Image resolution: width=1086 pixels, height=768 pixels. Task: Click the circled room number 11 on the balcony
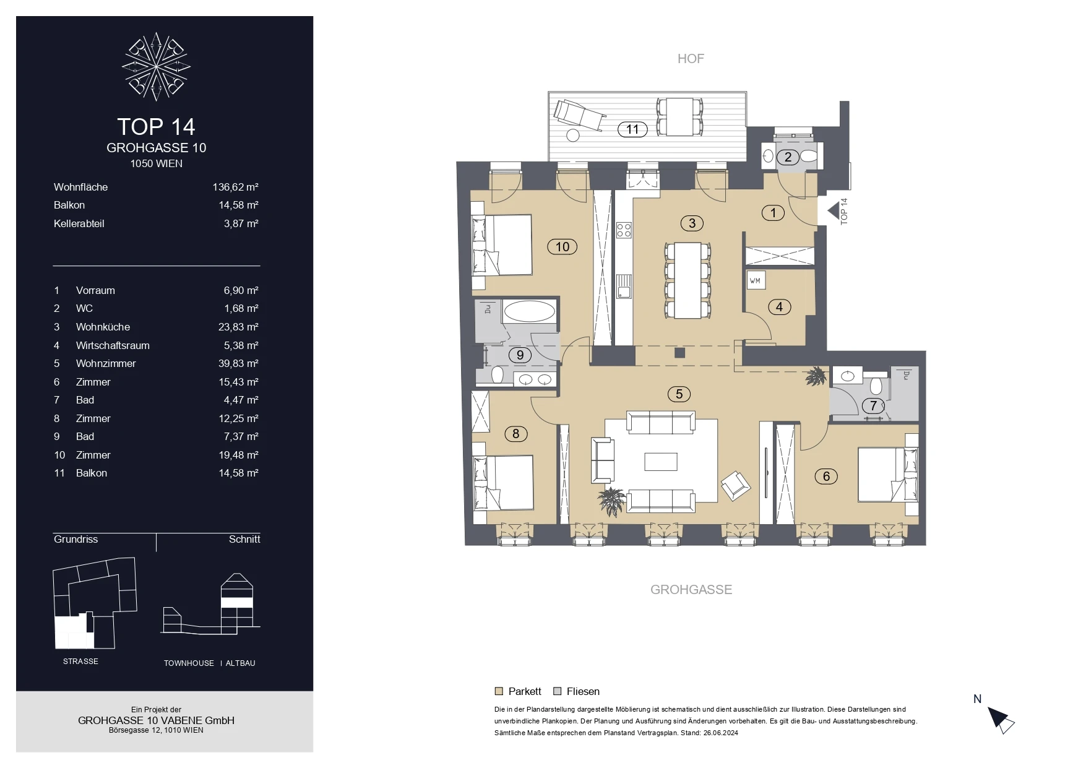coord(632,129)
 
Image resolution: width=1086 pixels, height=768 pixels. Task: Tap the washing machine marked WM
coord(756,280)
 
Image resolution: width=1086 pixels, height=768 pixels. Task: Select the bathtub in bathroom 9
coord(529,311)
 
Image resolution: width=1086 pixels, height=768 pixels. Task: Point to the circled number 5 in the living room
coord(679,394)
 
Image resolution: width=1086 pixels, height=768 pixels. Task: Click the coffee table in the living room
coord(661,462)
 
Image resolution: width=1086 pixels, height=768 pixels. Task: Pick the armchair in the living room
coord(735,485)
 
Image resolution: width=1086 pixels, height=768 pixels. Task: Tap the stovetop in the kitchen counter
coord(624,231)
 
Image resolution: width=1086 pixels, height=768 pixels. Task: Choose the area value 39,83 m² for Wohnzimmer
coord(238,363)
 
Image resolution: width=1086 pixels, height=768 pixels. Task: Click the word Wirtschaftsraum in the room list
coord(113,345)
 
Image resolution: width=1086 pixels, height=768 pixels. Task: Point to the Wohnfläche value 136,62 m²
coord(235,187)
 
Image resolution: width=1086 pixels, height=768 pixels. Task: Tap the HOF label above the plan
coord(691,59)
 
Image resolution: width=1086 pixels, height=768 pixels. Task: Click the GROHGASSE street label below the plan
coord(691,590)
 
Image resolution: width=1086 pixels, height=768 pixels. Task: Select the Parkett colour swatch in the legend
coord(499,691)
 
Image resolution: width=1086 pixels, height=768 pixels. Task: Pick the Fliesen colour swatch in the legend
coord(557,691)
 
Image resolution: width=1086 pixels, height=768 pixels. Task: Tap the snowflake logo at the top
coord(156,66)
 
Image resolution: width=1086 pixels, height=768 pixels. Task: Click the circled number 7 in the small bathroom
coord(873,406)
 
